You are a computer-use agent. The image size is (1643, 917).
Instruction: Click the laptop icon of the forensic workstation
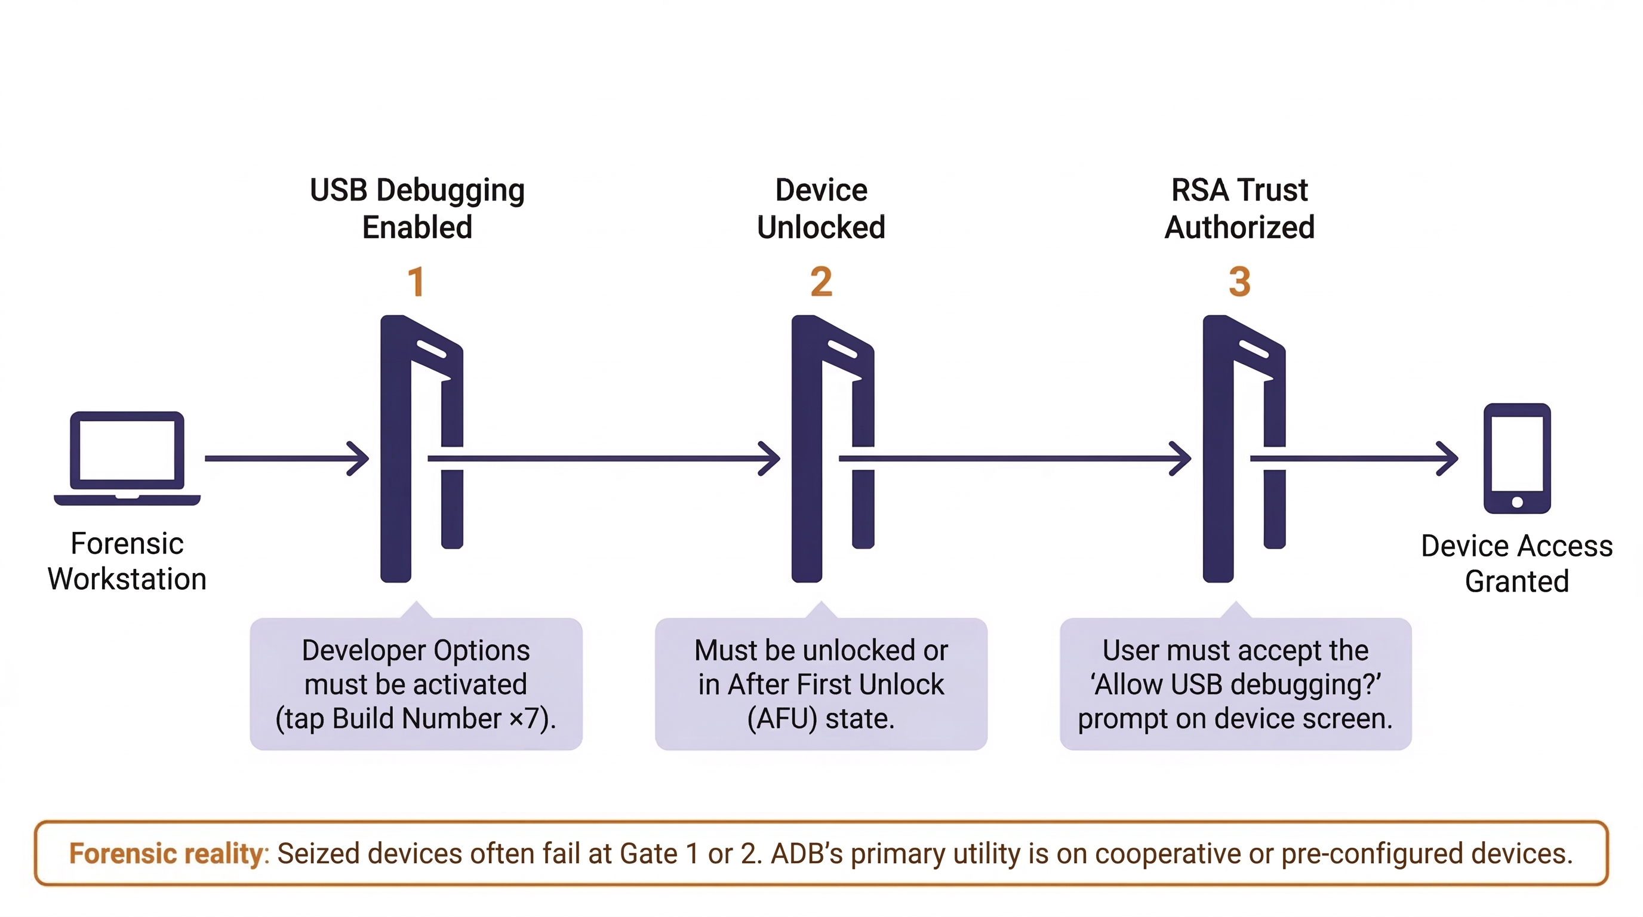tap(127, 458)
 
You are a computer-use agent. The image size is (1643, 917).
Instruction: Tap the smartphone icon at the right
tap(1516, 458)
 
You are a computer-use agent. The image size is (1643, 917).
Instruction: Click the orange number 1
tap(416, 282)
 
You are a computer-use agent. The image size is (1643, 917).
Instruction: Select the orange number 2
tap(821, 282)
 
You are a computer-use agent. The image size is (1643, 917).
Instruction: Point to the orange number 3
tap(1239, 282)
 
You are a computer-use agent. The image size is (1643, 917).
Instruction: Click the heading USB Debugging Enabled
tap(417, 208)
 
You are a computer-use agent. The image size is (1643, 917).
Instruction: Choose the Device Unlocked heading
tap(821, 208)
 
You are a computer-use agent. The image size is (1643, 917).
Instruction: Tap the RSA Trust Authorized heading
tap(1239, 208)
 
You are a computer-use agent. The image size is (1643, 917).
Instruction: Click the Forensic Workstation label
tap(127, 561)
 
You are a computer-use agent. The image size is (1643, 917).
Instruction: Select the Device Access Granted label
tap(1516, 564)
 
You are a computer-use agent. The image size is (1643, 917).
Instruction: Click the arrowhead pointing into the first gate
tap(361, 458)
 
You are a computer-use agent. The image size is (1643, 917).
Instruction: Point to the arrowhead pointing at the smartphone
tap(1449, 458)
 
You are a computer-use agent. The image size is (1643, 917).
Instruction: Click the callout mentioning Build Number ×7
tap(416, 684)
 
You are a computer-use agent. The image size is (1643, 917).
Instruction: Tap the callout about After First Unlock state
tap(821, 684)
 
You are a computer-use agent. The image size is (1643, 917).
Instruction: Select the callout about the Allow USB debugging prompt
tap(1235, 684)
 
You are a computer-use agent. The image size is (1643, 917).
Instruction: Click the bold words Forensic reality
tap(166, 853)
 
